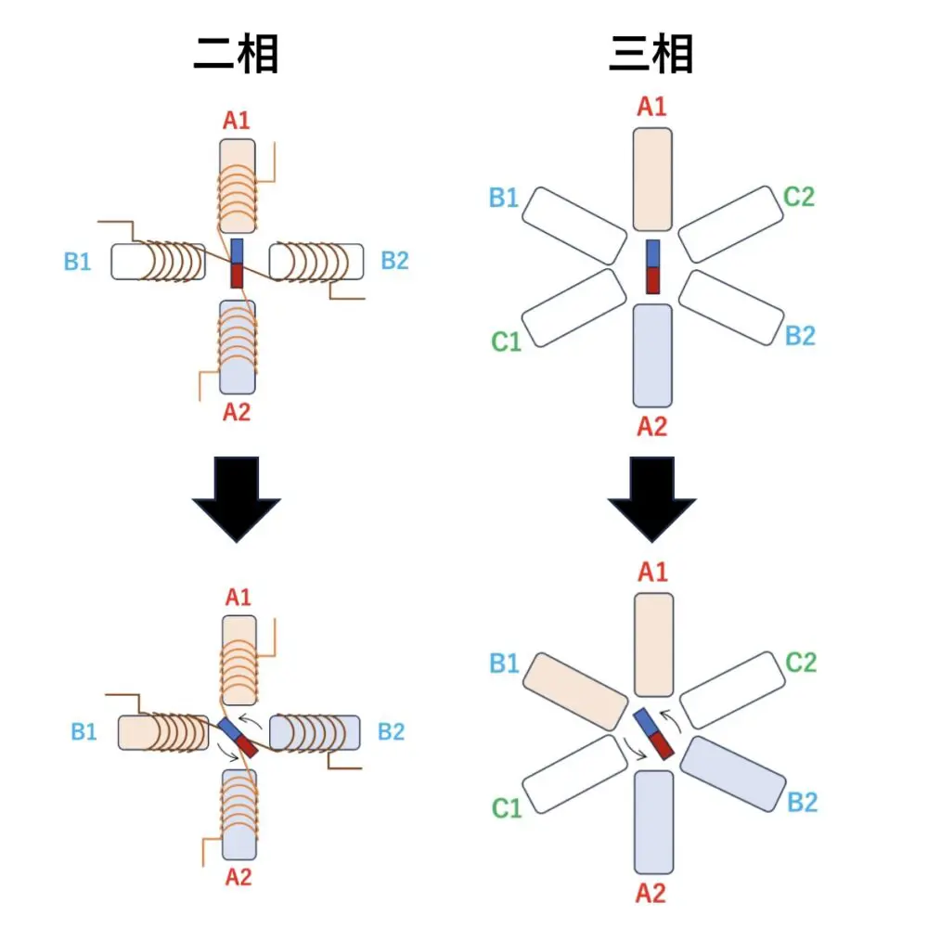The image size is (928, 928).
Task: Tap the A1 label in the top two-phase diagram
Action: pos(236,121)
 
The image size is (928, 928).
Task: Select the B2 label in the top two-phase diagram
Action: pos(394,261)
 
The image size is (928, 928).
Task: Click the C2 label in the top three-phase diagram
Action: pos(798,197)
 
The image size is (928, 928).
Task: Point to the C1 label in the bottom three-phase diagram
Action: pos(507,808)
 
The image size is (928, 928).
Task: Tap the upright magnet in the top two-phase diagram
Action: pos(237,264)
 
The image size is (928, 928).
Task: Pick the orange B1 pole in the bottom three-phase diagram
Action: pos(574,690)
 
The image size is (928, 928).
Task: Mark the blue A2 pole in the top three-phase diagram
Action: pos(652,355)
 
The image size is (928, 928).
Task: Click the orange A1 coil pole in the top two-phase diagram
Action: pos(237,186)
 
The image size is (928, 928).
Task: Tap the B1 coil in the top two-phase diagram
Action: pos(158,262)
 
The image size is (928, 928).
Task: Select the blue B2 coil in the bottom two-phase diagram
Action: pos(316,732)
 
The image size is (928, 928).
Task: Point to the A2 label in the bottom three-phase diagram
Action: pos(652,893)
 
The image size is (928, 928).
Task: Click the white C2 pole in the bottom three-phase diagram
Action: pos(732,689)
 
